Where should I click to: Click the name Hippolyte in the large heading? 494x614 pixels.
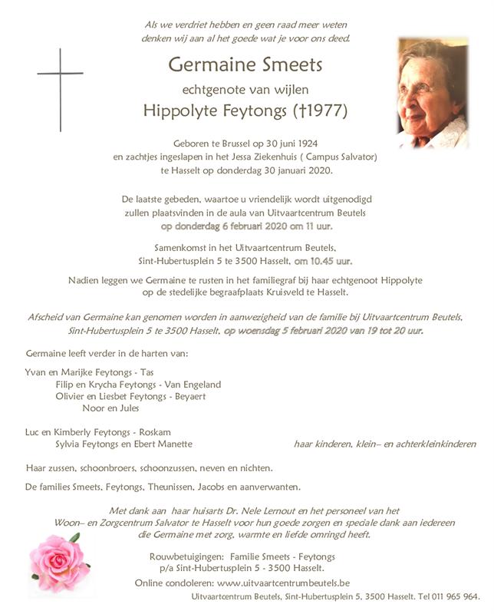pos(183,111)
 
